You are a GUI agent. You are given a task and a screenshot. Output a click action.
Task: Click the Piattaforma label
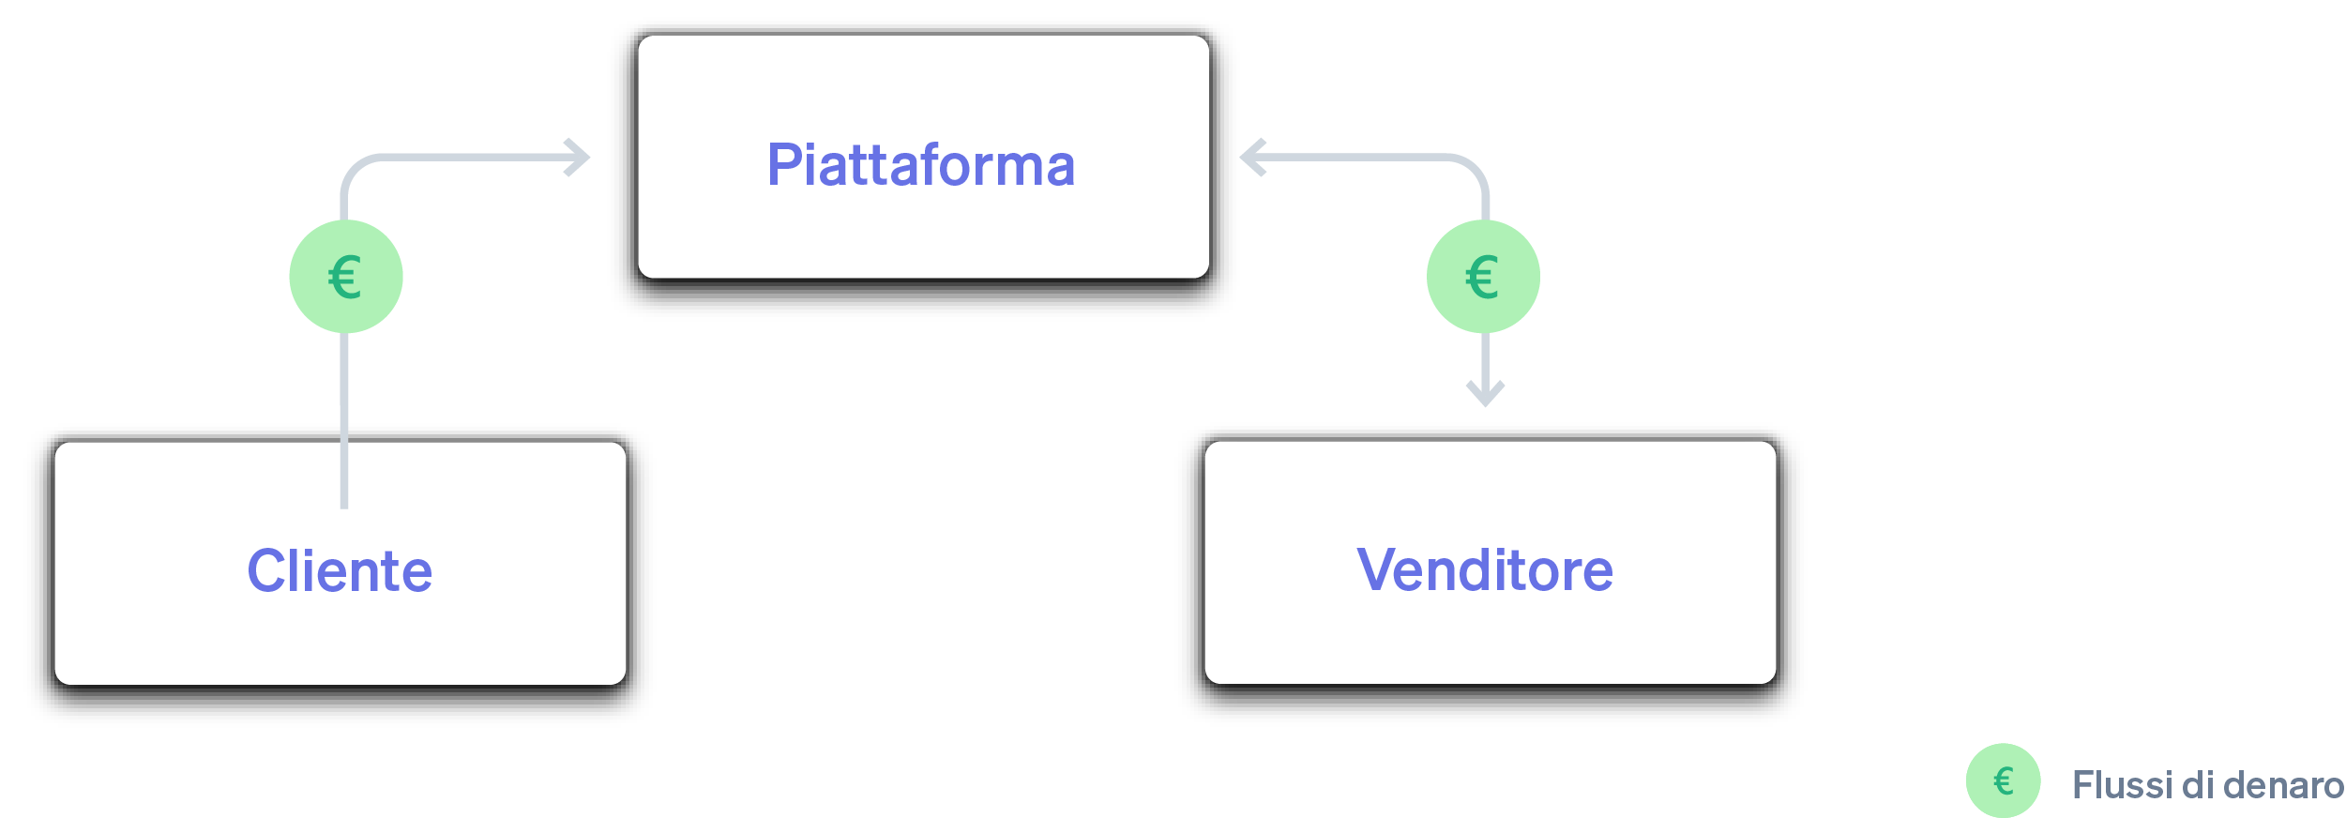pos(920,165)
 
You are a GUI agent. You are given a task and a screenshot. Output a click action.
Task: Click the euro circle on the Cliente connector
pos(346,277)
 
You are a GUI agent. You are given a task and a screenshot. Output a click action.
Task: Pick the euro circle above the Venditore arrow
pos(1483,277)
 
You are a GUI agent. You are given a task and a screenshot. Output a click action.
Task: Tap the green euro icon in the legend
pos(2003,780)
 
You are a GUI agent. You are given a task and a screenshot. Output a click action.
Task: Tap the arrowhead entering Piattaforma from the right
pos(1251,158)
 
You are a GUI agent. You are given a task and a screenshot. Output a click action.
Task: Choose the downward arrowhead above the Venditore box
pos(1485,394)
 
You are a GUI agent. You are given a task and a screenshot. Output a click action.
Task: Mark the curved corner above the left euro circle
pos(356,169)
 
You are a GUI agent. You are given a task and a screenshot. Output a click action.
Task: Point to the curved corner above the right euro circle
pos(1473,169)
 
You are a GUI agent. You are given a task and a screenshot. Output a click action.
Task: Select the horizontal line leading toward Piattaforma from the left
pos(469,158)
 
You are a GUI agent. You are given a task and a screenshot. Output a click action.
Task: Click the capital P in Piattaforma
pos(783,165)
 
